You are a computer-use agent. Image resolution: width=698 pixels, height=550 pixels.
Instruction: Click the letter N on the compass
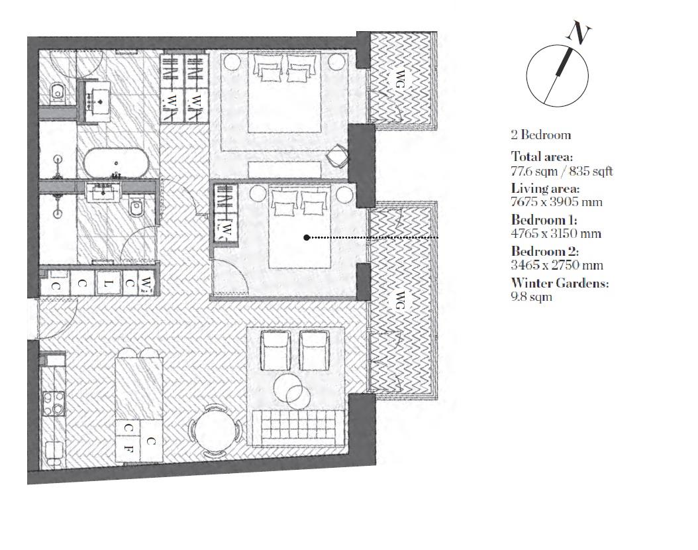click(581, 33)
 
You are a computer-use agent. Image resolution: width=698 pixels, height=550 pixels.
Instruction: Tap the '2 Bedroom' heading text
click(540, 135)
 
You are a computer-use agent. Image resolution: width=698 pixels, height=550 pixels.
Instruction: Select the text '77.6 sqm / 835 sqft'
click(562, 171)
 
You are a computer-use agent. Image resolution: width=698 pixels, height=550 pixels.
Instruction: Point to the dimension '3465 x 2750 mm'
click(557, 265)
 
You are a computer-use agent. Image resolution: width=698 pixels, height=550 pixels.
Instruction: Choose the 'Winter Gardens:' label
click(560, 283)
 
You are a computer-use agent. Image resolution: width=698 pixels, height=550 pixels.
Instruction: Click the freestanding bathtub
click(115, 163)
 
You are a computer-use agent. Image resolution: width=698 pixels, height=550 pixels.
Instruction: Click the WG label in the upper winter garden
click(399, 78)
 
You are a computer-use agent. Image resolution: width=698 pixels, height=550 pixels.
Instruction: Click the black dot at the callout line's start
click(307, 237)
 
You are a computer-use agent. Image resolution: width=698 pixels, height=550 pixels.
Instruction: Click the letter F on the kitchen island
click(128, 449)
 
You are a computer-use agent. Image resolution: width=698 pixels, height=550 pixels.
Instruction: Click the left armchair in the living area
click(275, 351)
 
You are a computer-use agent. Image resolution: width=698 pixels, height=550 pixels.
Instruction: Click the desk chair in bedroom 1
click(338, 154)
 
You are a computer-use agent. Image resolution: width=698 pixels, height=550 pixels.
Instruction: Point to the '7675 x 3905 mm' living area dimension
click(556, 202)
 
